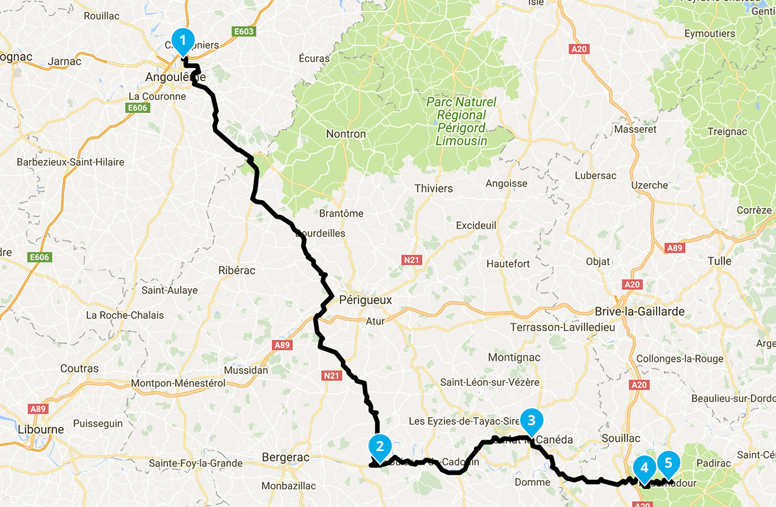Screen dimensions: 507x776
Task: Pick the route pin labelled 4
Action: click(644, 468)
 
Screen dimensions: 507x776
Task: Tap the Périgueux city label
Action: click(366, 300)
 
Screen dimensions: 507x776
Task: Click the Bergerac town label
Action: click(286, 457)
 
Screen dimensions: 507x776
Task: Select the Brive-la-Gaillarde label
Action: click(640, 312)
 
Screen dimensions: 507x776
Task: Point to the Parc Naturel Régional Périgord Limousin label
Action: click(461, 121)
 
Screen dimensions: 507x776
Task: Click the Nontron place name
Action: click(346, 134)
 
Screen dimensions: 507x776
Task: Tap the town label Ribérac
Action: click(237, 270)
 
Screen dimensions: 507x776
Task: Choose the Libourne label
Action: click(41, 429)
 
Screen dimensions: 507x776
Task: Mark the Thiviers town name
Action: click(433, 189)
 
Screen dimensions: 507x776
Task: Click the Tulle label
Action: click(720, 261)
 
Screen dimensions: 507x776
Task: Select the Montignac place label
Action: click(514, 357)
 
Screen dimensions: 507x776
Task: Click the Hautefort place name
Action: click(508, 264)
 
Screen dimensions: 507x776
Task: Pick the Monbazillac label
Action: click(289, 486)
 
